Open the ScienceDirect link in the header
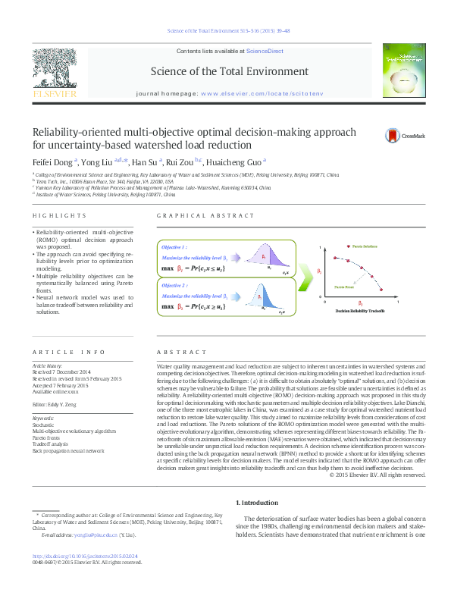click(x=263, y=52)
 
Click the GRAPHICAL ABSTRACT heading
click(x=196, y=216)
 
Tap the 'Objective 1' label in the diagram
click(x=174, y=248)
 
